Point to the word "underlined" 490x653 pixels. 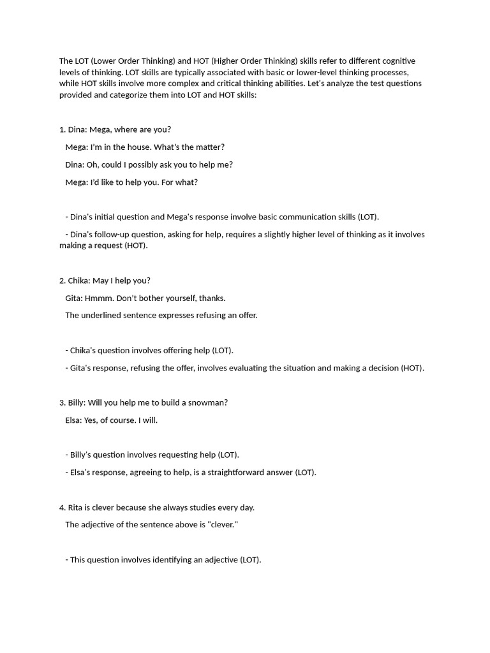(101, 315)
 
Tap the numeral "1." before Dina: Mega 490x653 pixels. (63, 129)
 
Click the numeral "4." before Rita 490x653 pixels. (63, 508)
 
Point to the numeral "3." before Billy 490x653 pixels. (63, 402)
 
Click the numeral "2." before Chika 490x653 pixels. (63, 281)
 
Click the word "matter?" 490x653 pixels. (207, 147)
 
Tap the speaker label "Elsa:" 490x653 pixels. (74, 420)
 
